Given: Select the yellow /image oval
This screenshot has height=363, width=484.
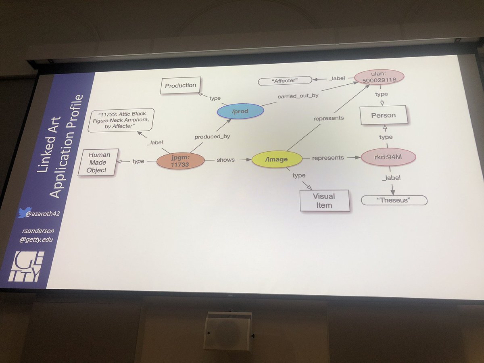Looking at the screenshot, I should (277, 159).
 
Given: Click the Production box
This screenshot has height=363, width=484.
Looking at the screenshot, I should (180, 86).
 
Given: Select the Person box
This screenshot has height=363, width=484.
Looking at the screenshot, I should (383, 115).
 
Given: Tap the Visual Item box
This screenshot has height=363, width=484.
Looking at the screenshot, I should (324, 200).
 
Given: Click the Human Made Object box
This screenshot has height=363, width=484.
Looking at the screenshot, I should (97, 162).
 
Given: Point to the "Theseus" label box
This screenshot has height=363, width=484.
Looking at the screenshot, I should (394, 200).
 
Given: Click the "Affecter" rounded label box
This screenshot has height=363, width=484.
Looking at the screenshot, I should (285, 81).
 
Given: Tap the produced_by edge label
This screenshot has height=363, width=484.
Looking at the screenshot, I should (212, 136).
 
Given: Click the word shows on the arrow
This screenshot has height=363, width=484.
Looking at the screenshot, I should (225, 160).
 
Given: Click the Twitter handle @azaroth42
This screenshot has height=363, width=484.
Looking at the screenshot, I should (39, 214).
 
